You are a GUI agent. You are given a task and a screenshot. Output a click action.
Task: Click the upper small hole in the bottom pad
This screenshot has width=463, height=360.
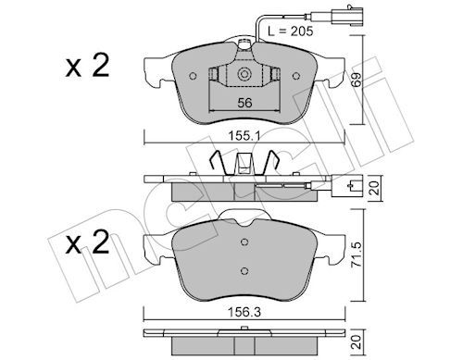click(x=244, y=243)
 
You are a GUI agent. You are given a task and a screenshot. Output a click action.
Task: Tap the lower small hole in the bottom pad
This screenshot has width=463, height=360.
click(x=244, y=270)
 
